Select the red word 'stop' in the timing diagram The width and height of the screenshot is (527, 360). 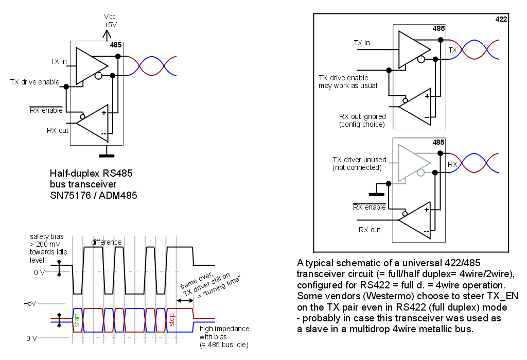pos(172,319)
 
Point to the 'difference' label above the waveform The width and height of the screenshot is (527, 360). pos(107,242)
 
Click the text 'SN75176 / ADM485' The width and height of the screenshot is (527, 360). pos(93,195)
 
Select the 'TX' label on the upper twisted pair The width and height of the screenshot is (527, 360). pos(452,50)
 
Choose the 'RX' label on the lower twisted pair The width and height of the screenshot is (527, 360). pos(452,164)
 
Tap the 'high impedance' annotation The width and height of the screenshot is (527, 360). pos(225,329)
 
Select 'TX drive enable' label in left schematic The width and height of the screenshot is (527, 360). pos(34,82)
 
